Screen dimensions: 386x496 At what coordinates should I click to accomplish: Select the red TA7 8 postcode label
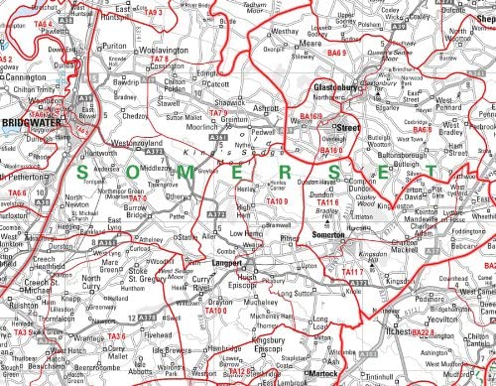click(x=166, y=60)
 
